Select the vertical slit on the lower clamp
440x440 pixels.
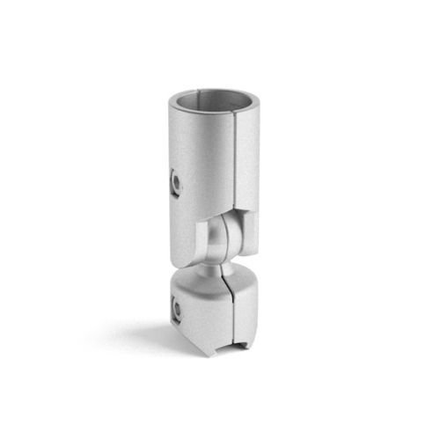coord(231,317)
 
